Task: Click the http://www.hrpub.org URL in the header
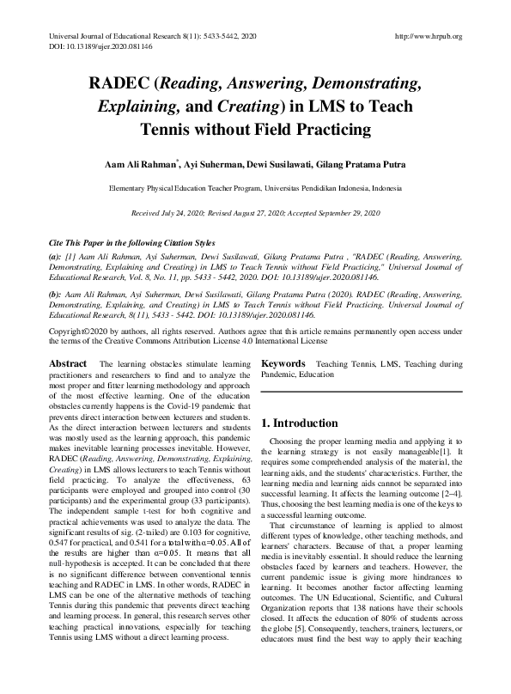[428, 36]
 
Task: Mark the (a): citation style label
[55, 257]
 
